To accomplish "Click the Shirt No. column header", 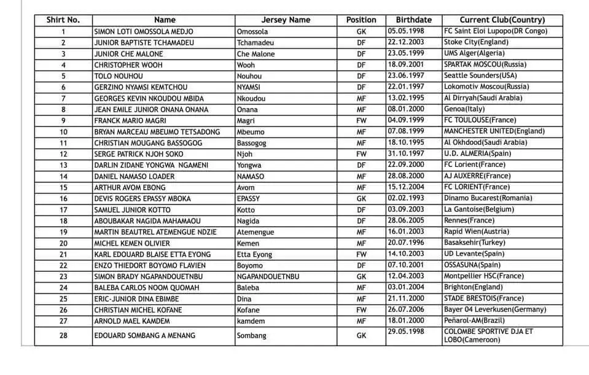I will [63, 20].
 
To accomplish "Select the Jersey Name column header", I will [286, 20].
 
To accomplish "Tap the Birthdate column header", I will [413, 20].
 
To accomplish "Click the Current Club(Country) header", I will [502, 20].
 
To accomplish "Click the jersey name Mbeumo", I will [250, 132].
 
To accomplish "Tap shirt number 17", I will [63, 210].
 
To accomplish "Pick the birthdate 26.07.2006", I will [406, 310].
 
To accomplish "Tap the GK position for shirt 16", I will [361, 199].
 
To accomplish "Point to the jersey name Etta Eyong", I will [254, 255].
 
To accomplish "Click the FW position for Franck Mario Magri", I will [361, 121].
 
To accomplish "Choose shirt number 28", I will [63, 336].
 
